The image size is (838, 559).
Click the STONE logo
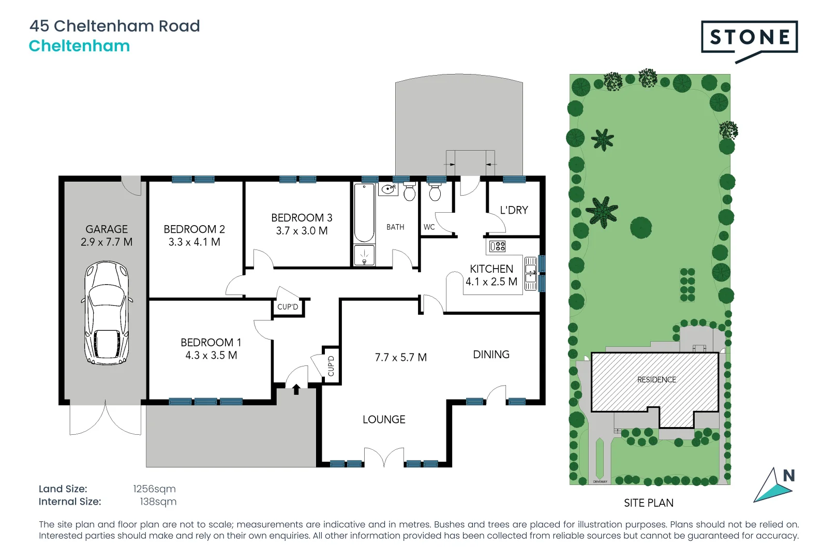749,37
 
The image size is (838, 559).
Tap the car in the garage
107,313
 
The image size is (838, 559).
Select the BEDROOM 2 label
194,229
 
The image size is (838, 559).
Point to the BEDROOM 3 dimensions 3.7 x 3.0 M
302,231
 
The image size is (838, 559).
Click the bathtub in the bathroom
364,213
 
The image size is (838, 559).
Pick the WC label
429,227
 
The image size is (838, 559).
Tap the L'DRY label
514,210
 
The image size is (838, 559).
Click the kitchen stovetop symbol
497,246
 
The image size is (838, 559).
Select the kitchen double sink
531,273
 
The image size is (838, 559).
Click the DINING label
491,355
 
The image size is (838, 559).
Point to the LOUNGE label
384,419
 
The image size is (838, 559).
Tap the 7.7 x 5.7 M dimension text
400,357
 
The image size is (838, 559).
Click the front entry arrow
296,389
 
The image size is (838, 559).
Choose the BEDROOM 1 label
211,342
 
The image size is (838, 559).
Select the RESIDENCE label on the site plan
656,379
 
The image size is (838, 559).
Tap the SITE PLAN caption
649,503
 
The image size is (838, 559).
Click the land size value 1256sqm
154,489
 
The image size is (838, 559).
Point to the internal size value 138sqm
158,502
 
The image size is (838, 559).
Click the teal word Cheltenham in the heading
79,46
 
